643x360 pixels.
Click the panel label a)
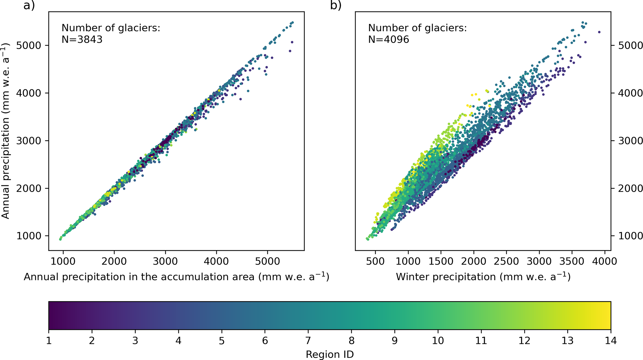coord(29,5)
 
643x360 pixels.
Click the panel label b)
coord(336,5)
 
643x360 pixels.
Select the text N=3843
coord(82,40)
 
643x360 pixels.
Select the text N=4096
coord(389,40)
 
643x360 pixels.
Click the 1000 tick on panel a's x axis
coord(63,261)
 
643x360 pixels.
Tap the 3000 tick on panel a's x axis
coord(165,261)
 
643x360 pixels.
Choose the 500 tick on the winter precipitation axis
coord(375,261)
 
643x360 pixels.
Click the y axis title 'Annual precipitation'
coord(6,131)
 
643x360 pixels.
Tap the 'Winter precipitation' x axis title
coord(483,277)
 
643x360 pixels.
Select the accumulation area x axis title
coord(176,277)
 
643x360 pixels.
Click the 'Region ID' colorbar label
coord(330,354)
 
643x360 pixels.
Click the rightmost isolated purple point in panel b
coord(599,32)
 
